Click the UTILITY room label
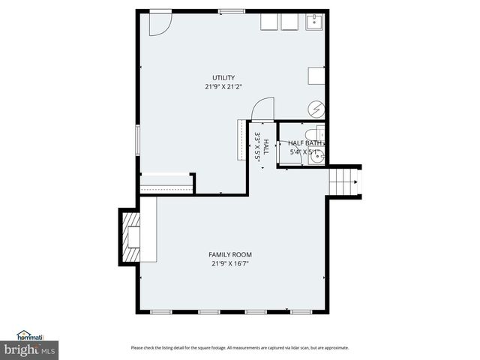[x=223, y=77]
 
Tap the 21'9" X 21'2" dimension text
[x=223, y=86]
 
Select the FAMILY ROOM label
[x=230, y=255]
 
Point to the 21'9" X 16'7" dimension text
[x=230, y=263]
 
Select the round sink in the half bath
[x=318, y=157]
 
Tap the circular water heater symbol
[x=317, y=109]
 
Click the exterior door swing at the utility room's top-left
[x=159, y=23]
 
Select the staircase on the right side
[x=345, y=181]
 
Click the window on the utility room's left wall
[x=137, y=141]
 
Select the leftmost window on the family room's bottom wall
[x=160, y=311]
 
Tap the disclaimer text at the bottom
[x=240, y=347]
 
